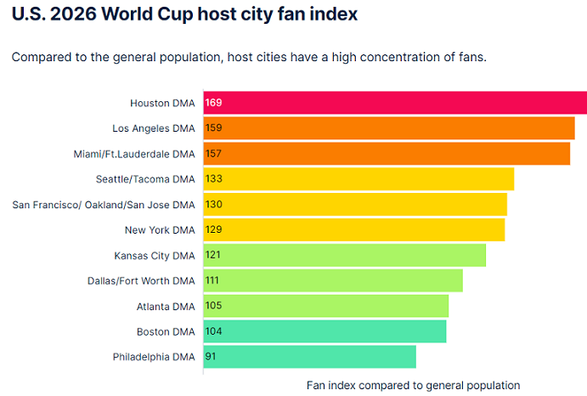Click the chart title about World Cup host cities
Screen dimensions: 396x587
pyautogui.click(x=184, y=14)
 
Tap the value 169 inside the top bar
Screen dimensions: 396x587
pyautogui.click(x=213, y=103)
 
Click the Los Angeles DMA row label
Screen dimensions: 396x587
pyautogui.click(x=153, y=128)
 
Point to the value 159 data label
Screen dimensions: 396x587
pyautogui.click(x=213, y=128)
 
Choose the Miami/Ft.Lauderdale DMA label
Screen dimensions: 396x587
pyautogui.click(x=134, y=154)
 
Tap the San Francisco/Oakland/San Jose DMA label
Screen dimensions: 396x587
pyautogui.click(x=104, y=205)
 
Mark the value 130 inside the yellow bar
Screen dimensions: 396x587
pyautogui.click(x=213, y=205)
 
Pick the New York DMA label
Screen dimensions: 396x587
pyautogui.click(x=160, y=229)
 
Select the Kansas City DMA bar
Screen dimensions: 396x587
pyautogui.click(x=344, y=255)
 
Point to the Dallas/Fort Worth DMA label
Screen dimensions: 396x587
pyautogui.click(x=141, y=280)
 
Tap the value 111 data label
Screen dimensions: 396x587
pyautogui.click(x=213, y=280)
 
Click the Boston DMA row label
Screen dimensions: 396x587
pyautogui.click(x=166, y=331)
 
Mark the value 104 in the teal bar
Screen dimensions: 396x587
pyautogui.click(x=213, y=331)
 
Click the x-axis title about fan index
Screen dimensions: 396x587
pyautogui.click(x=413, y=385)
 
